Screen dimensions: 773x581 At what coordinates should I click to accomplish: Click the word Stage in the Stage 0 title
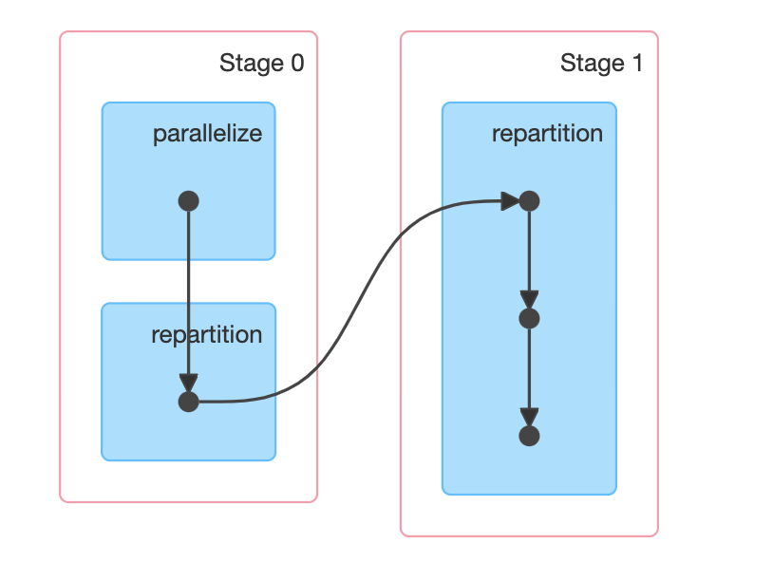point(252,64)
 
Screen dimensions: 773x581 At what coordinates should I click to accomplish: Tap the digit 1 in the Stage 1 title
point(637,63)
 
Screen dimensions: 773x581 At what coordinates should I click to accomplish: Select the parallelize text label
point(208,134)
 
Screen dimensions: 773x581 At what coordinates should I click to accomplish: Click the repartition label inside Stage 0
point(207,335)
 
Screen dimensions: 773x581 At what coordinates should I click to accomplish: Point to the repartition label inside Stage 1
point(547,134)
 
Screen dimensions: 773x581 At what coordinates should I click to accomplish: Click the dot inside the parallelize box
point(188,201)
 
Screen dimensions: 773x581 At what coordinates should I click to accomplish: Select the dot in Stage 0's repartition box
point(188,403)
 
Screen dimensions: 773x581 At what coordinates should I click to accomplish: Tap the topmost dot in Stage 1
point(530,201)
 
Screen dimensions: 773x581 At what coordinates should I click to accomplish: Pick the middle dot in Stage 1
point(530,318)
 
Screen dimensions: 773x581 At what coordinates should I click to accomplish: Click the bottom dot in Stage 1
point(530,436)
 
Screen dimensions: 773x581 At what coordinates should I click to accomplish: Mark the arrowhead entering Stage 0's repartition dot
point(188,384)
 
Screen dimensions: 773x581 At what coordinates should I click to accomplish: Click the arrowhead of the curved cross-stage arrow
point(510,201)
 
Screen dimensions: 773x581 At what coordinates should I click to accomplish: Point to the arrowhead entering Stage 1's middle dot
point(530,300)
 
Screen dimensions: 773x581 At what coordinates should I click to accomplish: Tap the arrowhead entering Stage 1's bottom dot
point(530,418)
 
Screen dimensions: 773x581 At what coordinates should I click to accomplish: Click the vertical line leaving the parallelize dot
point(188,292)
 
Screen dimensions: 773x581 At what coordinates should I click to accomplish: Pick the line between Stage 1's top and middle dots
point(530,252)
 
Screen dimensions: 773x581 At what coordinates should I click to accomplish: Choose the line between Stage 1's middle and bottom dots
point(530,369)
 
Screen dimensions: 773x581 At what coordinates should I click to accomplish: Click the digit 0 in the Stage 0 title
point(297,63)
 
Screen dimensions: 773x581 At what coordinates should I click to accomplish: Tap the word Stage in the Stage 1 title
point(593,64)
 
